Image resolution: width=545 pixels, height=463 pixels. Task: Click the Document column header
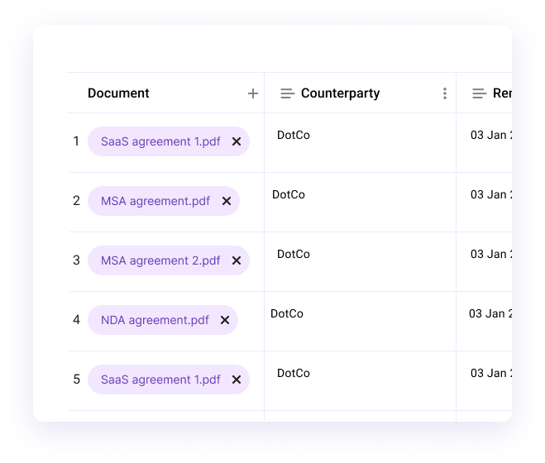click(118, 93)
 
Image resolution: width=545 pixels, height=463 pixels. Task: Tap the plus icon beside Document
click(253, 93)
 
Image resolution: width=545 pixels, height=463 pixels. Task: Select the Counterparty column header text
click(340, 93)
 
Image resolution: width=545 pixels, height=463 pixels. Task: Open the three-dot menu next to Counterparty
click(445, 93)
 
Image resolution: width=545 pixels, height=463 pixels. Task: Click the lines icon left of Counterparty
click(288, 93)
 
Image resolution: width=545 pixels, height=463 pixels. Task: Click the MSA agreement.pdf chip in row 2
click(155, 201)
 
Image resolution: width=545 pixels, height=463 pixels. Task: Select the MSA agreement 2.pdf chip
click(160, 260)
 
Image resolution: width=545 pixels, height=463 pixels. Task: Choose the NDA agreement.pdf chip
click(155, 320)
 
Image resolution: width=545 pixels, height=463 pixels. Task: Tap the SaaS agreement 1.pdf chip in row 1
click(160, 141)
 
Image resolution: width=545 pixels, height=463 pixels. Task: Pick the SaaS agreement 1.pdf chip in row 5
click(160, 379)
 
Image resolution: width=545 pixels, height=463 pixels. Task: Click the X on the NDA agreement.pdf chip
click(225, 320)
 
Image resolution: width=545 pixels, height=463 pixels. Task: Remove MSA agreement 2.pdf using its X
click(237, 260)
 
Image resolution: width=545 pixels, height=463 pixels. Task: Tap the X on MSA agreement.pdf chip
click(226, 201)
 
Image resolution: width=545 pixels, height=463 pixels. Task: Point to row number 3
click(76, 260)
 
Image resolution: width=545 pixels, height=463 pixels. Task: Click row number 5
click(76, 379)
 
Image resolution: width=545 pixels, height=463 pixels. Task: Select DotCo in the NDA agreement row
click(287, 313)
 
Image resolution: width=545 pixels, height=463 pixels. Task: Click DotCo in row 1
click(294, 135)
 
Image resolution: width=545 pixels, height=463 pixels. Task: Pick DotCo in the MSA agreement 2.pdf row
click(294, 254)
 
